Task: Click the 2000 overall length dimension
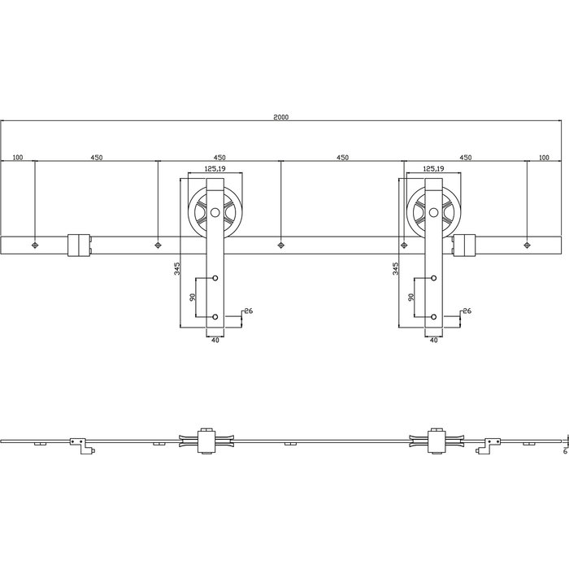pos(281,117)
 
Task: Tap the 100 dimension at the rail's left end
pos(17,157)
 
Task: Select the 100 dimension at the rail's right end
pos(544,157)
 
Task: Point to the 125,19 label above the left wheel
pos(215,168)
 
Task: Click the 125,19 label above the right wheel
pos(433,168)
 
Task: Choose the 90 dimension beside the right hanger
pos(410,297)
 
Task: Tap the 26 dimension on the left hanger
pos(249,310)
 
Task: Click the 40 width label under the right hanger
pos(433,341)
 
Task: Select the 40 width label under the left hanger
pos(215,341)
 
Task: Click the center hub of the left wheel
pos(215,215)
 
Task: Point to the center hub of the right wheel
pos(433,215)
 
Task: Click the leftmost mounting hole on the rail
pos(35,244)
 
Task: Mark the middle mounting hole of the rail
pos(280,244)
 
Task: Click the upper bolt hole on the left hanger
pos(215,279)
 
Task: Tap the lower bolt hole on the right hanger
pos(433,316)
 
